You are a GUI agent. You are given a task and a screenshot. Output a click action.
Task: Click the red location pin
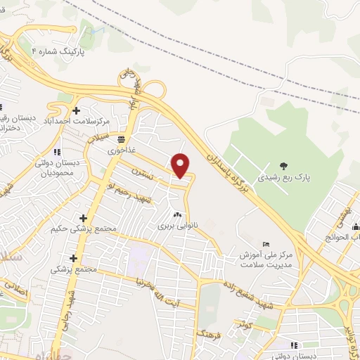pos(181,165)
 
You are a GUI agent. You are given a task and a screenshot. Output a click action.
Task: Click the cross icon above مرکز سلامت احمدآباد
pos(76,110)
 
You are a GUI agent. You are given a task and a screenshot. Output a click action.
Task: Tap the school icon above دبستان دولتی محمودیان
pos(58,151)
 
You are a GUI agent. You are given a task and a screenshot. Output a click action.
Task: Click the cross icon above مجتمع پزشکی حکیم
pos(84,219)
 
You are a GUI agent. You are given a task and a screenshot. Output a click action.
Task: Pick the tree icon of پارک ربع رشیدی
pos(283,166)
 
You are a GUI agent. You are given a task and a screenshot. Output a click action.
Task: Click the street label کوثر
pos(245,324)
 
